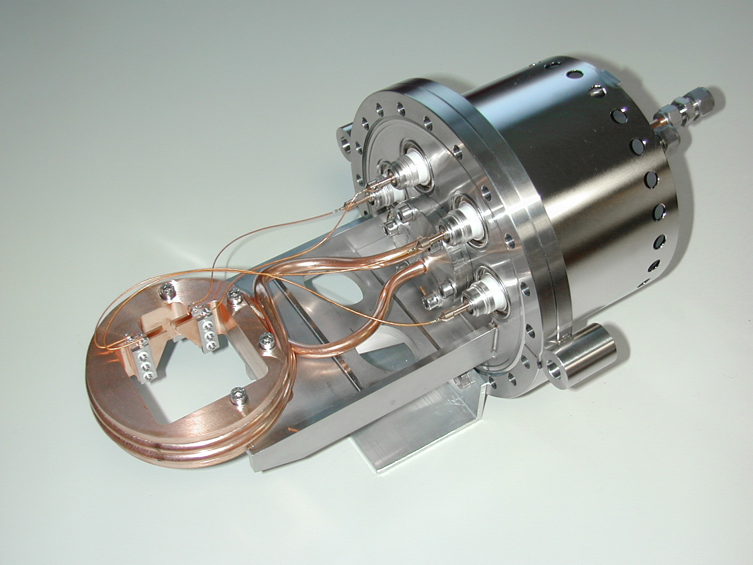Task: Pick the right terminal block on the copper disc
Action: pos(207,328)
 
